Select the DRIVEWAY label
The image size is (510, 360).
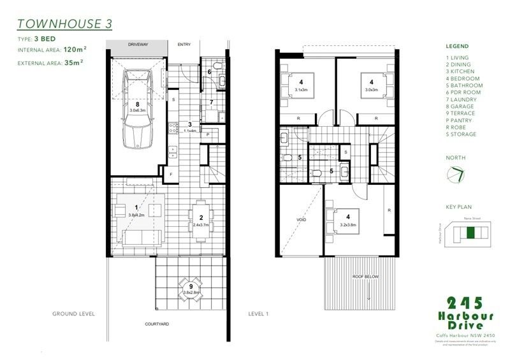coord(137,45)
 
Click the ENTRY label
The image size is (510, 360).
coord(184,45)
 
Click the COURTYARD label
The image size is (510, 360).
coord(156,324)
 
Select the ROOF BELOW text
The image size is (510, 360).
coord(366,277)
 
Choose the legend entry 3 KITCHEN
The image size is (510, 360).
coord(463,71)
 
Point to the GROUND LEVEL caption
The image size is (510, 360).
coord(74,314)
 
